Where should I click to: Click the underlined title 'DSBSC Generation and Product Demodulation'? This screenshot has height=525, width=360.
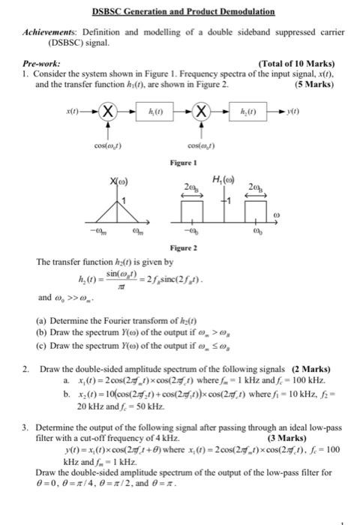[x=183, y=12]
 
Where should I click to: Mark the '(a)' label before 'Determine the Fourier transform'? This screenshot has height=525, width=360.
[x=42, y=320]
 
